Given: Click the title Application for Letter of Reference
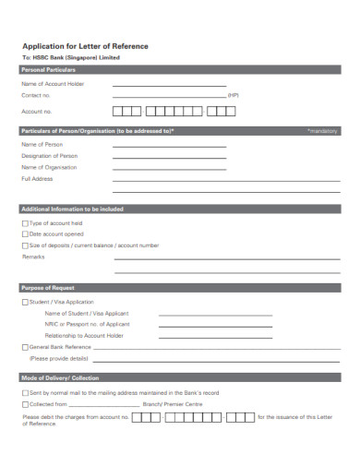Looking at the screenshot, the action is [x=84, y=46].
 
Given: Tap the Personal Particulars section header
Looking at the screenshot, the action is [x=48, y=70].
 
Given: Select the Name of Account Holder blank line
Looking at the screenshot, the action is [x=168, y=84].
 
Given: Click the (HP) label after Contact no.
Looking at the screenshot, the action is [x=233, y=95].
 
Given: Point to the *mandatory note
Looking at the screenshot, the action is [x=323, y=132].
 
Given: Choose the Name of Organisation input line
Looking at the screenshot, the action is [x=168, y=168].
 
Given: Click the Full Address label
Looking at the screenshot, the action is [x=36, y=179].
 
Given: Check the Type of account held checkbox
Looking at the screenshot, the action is [x=24, y=223].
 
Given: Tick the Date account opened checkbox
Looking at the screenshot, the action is [x=24, y=234].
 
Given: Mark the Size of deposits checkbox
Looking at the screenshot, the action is [x=24, y=245].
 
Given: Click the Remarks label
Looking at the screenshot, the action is [x=33, y=257].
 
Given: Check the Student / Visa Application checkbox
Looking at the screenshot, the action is [x=24, y=302].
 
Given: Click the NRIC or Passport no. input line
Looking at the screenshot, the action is [x=216, y=325].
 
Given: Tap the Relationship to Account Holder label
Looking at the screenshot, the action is [x=84, y=335].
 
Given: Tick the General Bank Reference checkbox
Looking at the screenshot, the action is [x=24, y=347].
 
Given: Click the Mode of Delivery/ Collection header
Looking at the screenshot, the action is [x=59, y=378].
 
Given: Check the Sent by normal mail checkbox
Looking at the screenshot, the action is [x=24, y=392].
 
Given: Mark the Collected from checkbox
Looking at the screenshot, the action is [x=24, y=404].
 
